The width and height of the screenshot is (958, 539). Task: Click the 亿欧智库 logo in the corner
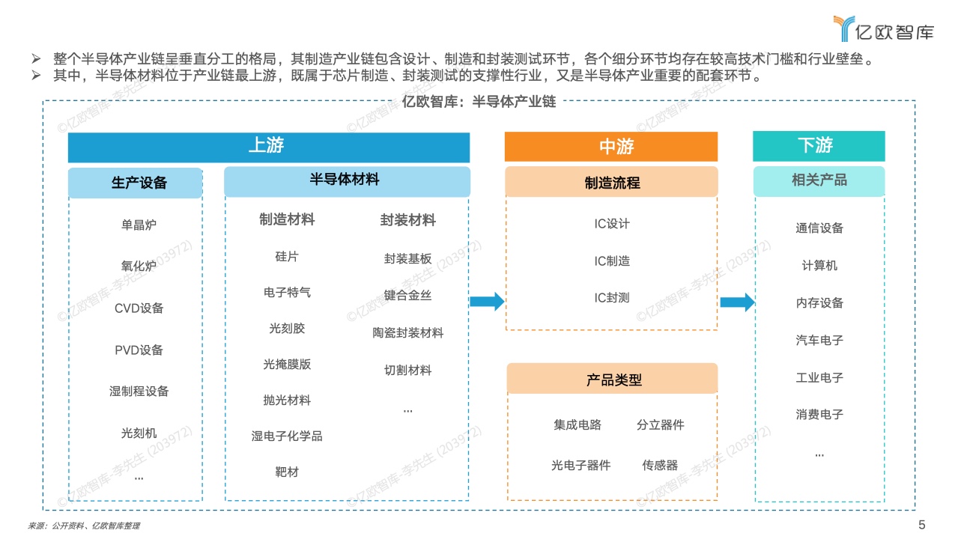884,29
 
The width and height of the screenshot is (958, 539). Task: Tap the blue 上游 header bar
269,147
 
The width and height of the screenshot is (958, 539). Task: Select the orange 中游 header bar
611,147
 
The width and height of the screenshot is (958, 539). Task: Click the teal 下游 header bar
819,146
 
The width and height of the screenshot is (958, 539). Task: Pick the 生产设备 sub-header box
135,183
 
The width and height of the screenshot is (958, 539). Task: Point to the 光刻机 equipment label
139,433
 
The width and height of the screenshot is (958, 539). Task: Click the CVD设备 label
139,308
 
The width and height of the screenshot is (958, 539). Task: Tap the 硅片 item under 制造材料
287,257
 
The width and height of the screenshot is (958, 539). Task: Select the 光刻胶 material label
287,329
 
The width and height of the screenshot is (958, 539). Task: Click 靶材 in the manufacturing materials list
287,472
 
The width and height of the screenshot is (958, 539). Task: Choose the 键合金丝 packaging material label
407,295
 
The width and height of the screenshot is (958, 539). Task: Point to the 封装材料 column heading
407,220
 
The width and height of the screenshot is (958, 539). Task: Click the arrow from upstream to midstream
487,302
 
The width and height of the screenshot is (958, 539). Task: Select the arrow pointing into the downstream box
738,302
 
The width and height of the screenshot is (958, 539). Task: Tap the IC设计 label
612,224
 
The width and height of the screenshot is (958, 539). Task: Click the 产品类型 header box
612,379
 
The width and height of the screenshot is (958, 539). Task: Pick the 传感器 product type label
660,465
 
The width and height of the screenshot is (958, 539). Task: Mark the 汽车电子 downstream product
819,340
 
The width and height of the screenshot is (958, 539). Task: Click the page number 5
921,525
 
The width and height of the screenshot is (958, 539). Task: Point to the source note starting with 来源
84,526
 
